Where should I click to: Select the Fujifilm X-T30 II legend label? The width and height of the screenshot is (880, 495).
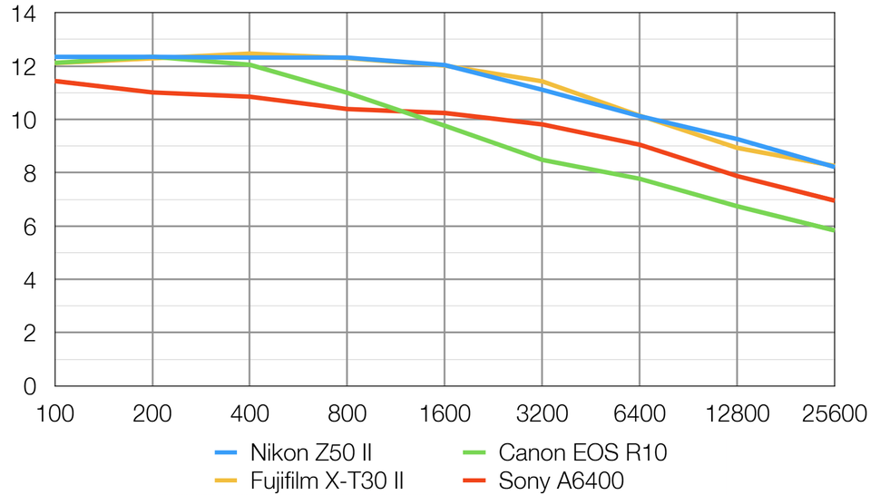(326, 480)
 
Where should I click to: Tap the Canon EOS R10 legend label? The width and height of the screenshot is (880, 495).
(582, 451)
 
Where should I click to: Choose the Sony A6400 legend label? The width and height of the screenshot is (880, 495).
(562, 480)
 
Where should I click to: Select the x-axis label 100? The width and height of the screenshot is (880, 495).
(55, 414)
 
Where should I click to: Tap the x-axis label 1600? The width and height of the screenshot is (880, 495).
(445, 414)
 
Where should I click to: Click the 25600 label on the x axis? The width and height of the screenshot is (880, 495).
(832, 414)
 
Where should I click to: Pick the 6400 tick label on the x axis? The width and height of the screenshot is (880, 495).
(640, 414)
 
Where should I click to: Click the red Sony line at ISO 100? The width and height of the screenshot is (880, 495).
(56, 81)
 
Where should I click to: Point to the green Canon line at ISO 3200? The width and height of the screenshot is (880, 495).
(543, 160)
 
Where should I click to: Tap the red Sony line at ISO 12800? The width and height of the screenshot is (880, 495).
(737, 176)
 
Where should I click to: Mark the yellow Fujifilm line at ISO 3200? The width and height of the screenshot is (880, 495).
(543, 81)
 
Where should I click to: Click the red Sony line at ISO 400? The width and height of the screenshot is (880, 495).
(250, 96)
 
